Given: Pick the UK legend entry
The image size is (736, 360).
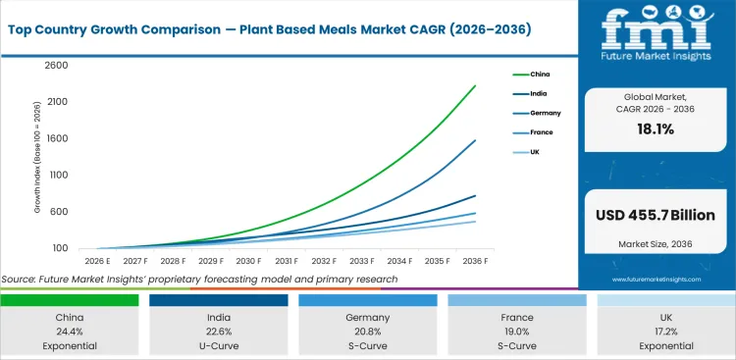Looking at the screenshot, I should (535, 152).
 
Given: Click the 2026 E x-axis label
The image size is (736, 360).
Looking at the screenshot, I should (97, 261).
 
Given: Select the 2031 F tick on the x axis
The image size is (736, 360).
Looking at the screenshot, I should (286, 261).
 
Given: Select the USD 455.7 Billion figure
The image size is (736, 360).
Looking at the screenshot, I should (655, 215).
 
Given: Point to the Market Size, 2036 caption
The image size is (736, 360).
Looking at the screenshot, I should (655, 242).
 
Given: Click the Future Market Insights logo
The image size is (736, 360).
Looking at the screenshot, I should (655, 39).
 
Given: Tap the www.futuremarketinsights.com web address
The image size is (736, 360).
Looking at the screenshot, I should (655, 280).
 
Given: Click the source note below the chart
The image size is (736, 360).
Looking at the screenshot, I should (200, 280).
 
